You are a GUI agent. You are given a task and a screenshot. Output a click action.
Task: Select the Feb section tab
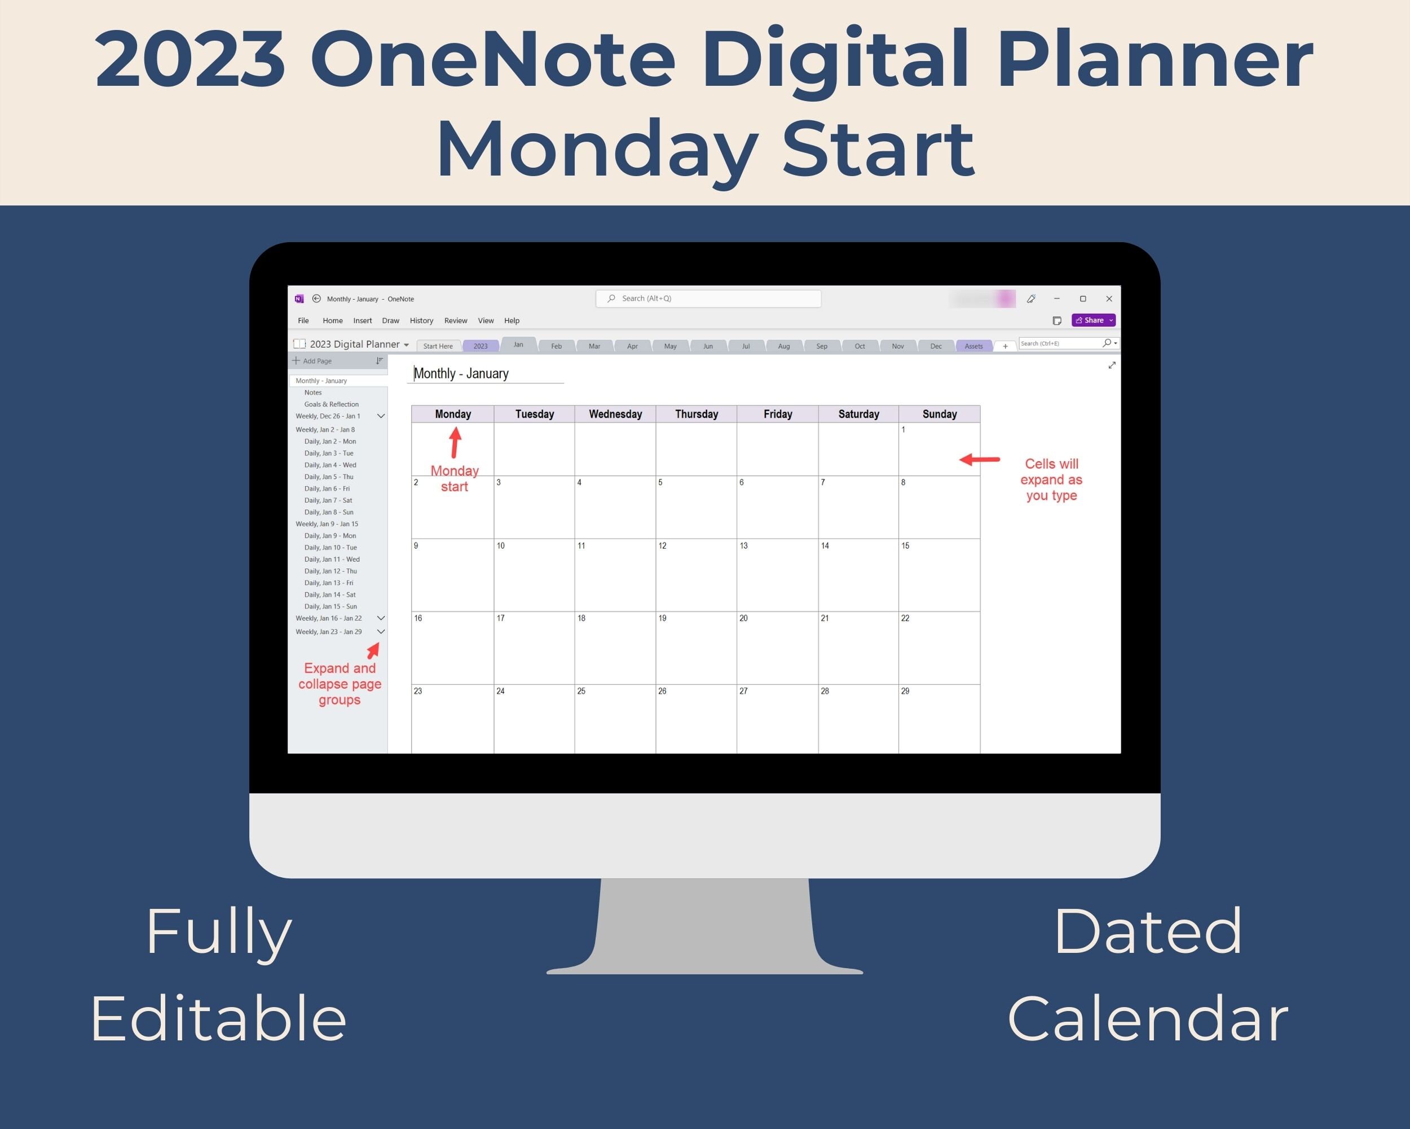(556, 346)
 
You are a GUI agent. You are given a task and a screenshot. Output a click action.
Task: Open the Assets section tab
(973, 346)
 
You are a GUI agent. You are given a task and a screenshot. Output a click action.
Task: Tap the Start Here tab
(438, 346)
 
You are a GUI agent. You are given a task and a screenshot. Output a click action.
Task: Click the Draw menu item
(390, 321)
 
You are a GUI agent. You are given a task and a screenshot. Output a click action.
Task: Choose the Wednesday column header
(615, 414)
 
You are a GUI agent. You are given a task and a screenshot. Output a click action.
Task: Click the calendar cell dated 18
(615, 647)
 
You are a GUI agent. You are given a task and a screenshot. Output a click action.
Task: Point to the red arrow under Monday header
(455, 443)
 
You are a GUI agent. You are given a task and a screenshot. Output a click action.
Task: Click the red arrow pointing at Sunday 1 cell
(979, 460)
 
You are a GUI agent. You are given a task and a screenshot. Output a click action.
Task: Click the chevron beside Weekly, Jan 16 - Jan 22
(381, 618)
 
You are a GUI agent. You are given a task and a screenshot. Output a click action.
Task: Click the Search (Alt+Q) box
(708, 299)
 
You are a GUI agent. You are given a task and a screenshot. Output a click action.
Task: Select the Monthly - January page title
(461, 374)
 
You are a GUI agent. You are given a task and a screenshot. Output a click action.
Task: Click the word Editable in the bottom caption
(218, 1019)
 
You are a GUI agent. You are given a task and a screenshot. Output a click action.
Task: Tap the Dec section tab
(936, 346)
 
